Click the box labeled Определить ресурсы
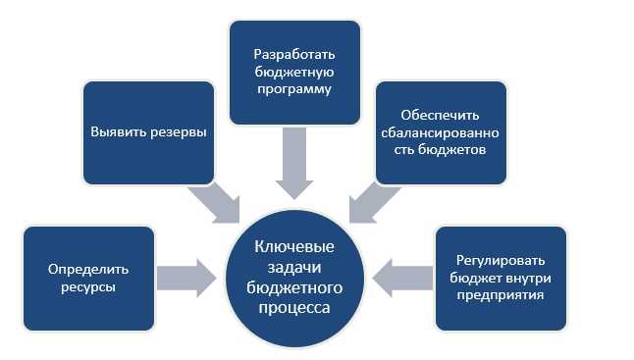(88, 278)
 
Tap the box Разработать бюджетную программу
(292, 70)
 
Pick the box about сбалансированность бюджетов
(441, 132)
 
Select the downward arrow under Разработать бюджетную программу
(292, 162)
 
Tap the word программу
(292, 89)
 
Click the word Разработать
(292, 50)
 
